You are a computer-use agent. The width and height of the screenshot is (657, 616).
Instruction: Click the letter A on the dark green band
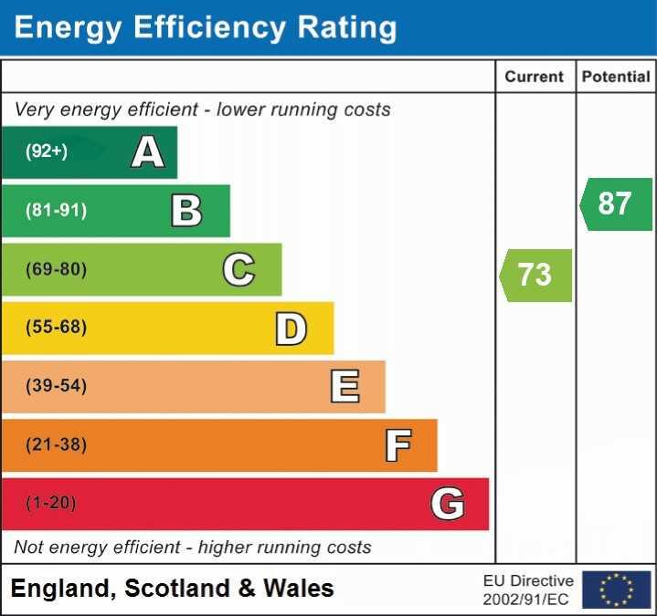(x=148, y=151)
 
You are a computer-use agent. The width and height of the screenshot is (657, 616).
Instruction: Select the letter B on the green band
(x=186, y=211)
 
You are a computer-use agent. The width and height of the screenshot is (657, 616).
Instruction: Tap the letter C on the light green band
(x=238, y=269)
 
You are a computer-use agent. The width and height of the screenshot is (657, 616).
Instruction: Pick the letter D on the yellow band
(x=291, y=329)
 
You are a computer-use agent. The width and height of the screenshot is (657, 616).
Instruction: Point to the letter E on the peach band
(x=344, y=387)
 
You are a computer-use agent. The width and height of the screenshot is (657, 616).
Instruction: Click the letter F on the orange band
(x=397, y=445)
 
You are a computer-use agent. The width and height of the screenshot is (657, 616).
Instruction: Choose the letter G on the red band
(x=448, y=504)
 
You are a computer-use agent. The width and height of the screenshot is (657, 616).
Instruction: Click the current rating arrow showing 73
(x=535, y=275)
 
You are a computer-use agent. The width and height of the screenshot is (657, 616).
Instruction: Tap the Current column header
(x=535, y=78)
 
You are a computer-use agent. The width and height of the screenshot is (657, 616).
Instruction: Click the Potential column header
(x=616, y=78)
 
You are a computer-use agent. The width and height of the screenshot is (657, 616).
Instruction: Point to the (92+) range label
(x=47, y=151)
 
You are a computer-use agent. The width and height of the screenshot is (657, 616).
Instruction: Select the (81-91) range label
(x=57, y=211)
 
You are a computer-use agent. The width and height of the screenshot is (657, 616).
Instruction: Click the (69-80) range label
(x=57, y=269)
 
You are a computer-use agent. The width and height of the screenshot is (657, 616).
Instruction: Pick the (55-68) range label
(x=57, y=328)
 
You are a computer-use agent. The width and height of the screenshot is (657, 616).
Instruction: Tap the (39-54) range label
(x=57, y=386)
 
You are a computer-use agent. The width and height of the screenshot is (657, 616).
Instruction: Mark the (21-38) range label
(x=57, y=444)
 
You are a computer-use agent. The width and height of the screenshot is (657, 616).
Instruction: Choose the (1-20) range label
(x=51, y=503)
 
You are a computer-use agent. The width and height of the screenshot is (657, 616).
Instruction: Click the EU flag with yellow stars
(x=616, y=590)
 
